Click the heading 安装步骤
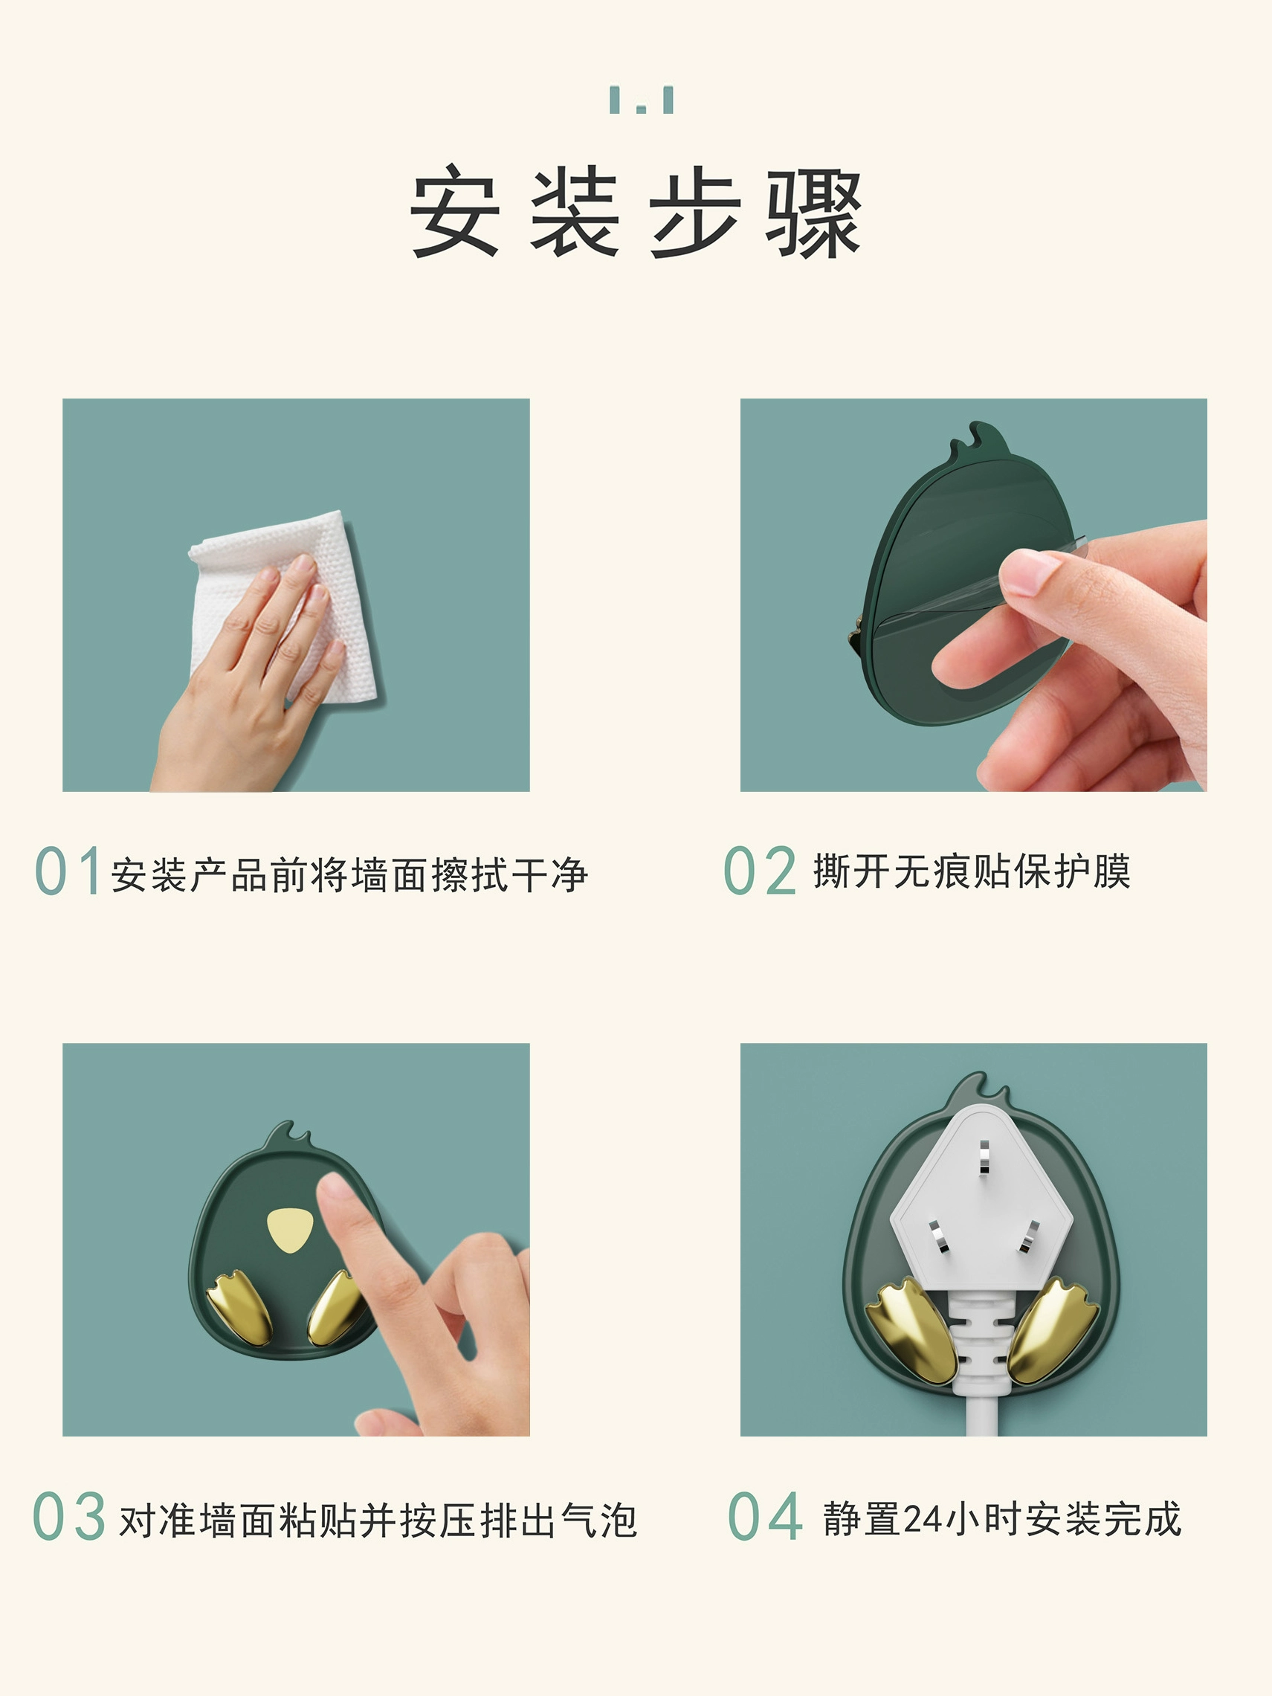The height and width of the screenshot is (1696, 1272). [x=636, y=213]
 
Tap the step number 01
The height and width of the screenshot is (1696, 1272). [x=68, y=871]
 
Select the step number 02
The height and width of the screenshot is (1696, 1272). [x=760, y=870]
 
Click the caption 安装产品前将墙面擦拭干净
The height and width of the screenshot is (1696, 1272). [x=349, y=875]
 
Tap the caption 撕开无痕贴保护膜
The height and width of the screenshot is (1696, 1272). [x=972, y=871]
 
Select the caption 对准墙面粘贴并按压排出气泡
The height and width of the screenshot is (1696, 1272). [x=378, y=1520]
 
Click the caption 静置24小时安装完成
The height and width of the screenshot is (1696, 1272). [x=1002, y=1519]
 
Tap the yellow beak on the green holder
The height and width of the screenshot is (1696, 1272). [x=290, y=1230]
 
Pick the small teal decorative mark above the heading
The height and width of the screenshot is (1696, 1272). [x=642, y=100]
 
